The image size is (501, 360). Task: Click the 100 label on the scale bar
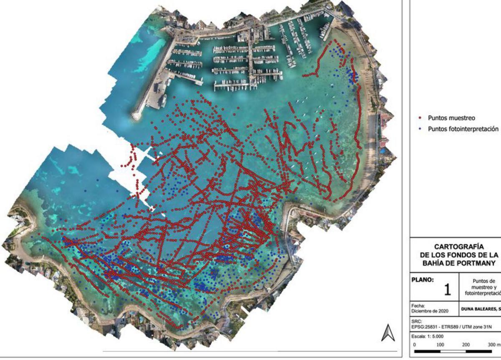[x=440, y=345]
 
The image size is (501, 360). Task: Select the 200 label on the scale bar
[x=466, y=345]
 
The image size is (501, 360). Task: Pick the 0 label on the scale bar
[x=415, y=345]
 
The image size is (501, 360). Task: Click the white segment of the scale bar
[x=453, y=352]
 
